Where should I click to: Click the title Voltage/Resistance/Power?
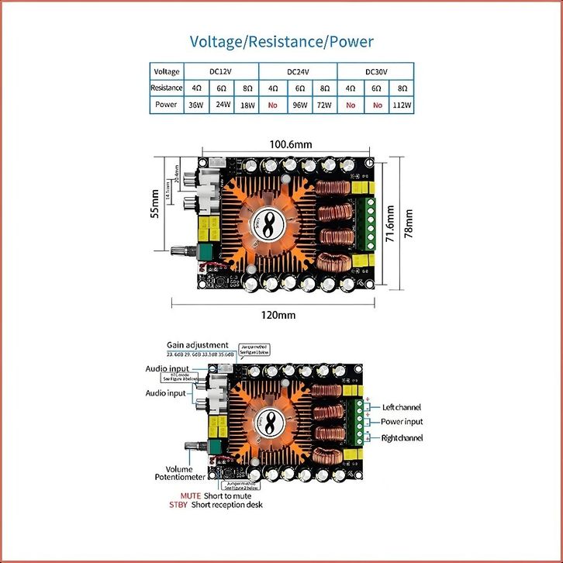click(x=281, y=41)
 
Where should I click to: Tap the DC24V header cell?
click(x=299, y=71)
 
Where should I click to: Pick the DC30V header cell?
click(x=376, y=71)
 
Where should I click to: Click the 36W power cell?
click(x=196, y=104)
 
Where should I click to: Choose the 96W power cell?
click(x=299, y=104)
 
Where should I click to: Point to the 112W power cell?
click(x=402, y=104)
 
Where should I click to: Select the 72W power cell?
click(x=325, y=104)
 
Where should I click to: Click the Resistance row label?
click(x=166, y=88)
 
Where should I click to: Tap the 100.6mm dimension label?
click(x=290, y=144)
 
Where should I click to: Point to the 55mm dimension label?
click(x=155, y=207)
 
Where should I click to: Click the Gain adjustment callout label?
click(x=197, y=345)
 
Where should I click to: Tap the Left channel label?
click(x=402, y=407)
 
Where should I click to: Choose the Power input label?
click(x=402, y=422)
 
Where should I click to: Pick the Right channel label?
click(x=402, y=438)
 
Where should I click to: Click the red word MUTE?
click(x=190, y=495)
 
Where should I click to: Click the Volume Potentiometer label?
click(x=180, y=472)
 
